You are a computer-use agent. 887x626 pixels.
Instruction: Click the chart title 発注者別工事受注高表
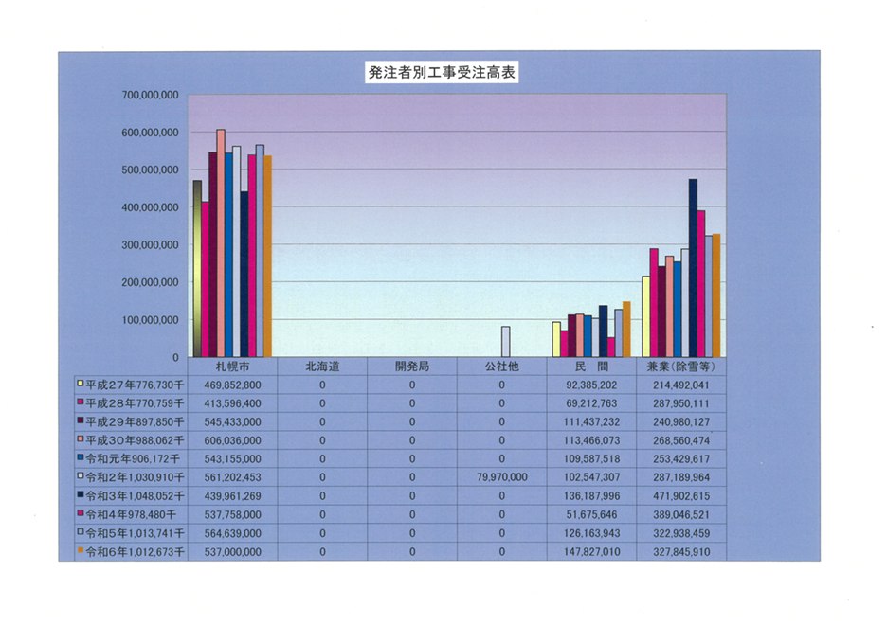coord(442,73)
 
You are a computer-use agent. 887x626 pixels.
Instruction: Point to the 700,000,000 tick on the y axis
coord(151,96)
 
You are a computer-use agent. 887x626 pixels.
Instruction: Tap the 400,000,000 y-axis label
coord(151,207)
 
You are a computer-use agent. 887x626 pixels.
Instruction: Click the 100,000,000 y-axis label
coord(151,320)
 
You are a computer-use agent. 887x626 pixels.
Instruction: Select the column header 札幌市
coord(232,367)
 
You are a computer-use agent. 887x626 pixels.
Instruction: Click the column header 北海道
coord(322,367)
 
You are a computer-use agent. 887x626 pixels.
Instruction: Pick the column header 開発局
coord(412,367)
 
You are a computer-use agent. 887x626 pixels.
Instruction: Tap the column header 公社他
coord(501,367)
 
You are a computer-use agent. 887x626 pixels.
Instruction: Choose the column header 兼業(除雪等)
coord(680,367)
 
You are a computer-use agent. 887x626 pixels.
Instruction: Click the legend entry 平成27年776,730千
coord(131,385)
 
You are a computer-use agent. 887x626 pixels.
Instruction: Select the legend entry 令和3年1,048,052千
coord(131,495)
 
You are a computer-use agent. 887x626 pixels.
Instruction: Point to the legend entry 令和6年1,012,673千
coord(131,551)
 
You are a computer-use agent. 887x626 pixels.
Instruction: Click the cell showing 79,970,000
coord(501,477)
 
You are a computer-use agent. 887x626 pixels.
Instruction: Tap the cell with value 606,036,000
coord(232,440)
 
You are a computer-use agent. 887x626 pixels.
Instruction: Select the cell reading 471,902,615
coord(680,495)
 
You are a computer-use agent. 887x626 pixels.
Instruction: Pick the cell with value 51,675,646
coord(590,514)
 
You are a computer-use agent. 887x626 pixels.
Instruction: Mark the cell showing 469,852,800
coord(232,385)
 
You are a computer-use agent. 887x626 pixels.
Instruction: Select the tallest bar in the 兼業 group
coord(693,268)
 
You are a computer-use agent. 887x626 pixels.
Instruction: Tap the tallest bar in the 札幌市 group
coord(221,243)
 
